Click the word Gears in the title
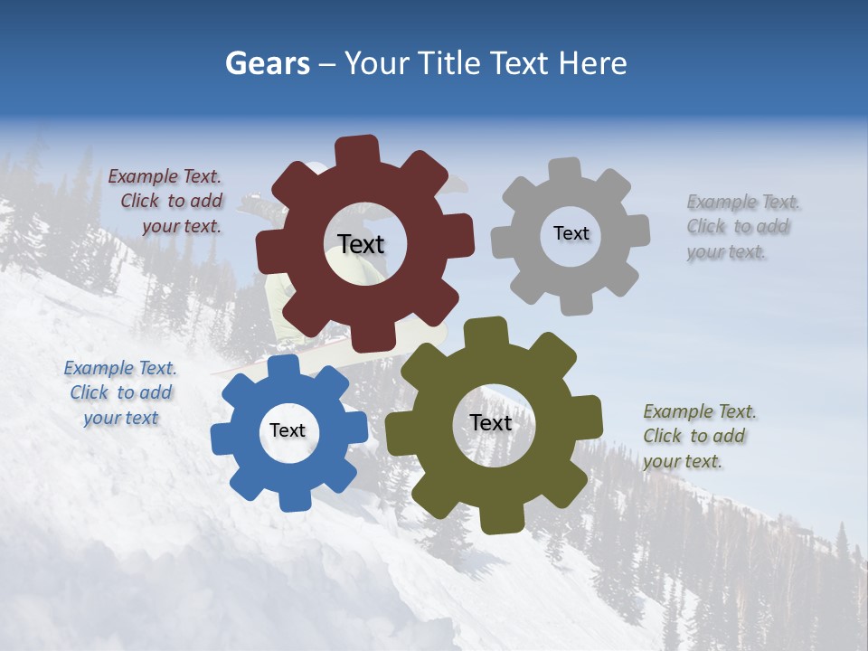[268, 63]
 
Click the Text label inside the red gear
[361, 244]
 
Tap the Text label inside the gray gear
[571, 233]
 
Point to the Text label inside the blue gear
[288, 430]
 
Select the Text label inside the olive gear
[491, 422]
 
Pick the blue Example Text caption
[120, 393]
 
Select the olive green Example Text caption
[698, 436]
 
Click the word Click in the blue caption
[90, 393]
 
